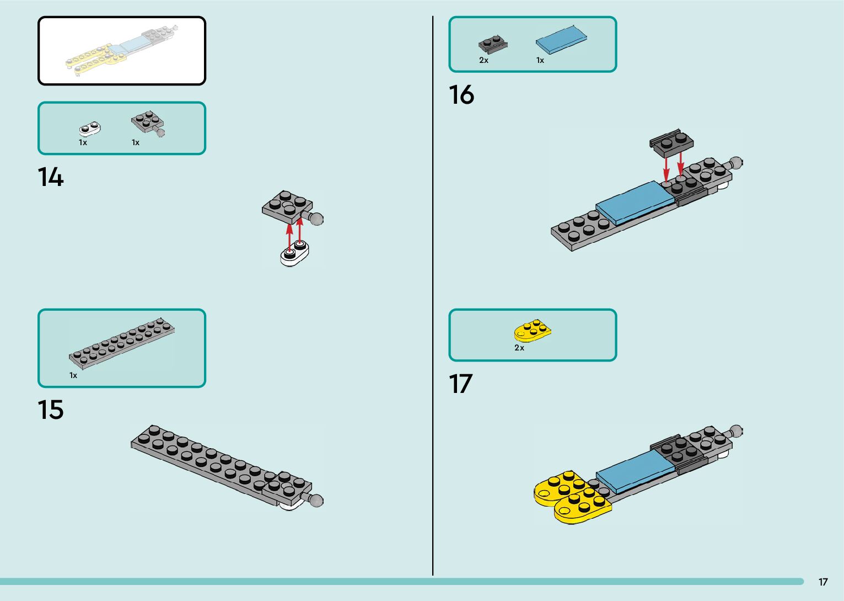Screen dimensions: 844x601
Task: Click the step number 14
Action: click(x=50, y=178)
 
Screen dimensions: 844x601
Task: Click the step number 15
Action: click(x=50, y=410)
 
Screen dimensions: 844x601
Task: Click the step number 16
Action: click(x=461, y=95)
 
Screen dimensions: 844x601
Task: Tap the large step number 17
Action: click(x=460, y=384)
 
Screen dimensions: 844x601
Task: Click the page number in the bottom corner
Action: click(x=823, y=582)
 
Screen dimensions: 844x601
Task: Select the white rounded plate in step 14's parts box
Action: click(x=90, y=129)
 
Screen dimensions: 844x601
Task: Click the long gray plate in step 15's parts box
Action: click(x=122, y=343)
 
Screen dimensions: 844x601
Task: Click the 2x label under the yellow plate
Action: click(x=519, y=348)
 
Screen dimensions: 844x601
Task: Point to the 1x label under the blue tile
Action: click(x=540, y=60)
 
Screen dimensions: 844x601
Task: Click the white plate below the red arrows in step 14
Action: click(x=294, y=255)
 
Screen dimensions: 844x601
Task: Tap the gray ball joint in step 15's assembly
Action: click(x=316, y=501)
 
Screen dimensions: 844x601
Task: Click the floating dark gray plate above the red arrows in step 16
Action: click(x=671, y=142)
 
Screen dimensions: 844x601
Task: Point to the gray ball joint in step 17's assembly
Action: click(x=735, y=431)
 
